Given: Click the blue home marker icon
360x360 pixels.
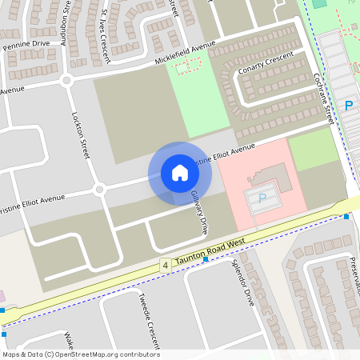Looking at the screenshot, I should pyautogui.click(x=179, y=173).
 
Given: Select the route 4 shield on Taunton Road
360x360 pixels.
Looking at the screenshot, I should pyautogui.click(x=165, y=265).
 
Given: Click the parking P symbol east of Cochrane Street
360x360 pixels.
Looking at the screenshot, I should pyautogui.click(x=348, y=105).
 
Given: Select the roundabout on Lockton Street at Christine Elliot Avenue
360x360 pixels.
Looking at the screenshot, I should pyautogui.click(x=99, y=190).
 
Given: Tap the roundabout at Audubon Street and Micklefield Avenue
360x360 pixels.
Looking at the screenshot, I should pyautogui.click(x=66, y=79).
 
